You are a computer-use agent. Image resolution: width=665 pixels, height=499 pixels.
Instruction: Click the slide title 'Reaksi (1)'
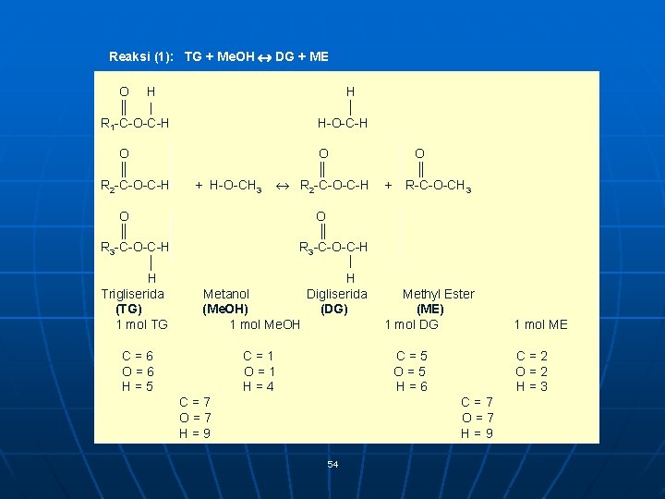(144, 57)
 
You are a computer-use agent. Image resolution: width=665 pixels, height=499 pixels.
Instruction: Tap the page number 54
(332, 464)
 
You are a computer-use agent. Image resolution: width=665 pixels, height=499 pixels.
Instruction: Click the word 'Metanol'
(226, 294)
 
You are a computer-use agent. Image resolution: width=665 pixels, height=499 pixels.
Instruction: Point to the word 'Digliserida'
(337, 294)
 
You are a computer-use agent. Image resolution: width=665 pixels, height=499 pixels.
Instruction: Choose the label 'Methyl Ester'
(438, 294)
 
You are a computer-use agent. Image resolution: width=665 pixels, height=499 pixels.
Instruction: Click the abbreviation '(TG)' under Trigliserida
(128, 309)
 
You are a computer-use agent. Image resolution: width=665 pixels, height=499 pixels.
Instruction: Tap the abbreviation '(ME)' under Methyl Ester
(429, 309)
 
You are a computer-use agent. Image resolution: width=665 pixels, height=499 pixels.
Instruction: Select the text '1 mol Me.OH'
(265, 324)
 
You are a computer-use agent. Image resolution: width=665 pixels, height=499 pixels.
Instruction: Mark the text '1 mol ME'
(540, 324)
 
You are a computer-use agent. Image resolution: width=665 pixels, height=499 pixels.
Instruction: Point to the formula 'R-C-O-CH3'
(439, 187)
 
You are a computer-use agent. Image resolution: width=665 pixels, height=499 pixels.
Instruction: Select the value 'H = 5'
(138, 386)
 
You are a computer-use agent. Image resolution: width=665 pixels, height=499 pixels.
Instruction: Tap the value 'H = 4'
(258, 386)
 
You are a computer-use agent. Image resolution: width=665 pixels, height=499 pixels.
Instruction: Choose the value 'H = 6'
(411, 386)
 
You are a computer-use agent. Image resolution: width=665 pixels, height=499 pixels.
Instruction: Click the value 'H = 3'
(531, 386)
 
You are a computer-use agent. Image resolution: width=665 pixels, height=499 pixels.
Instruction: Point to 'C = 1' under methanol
(259, 356)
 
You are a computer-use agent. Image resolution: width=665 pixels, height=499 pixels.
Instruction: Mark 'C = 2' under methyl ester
(532, 356)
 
